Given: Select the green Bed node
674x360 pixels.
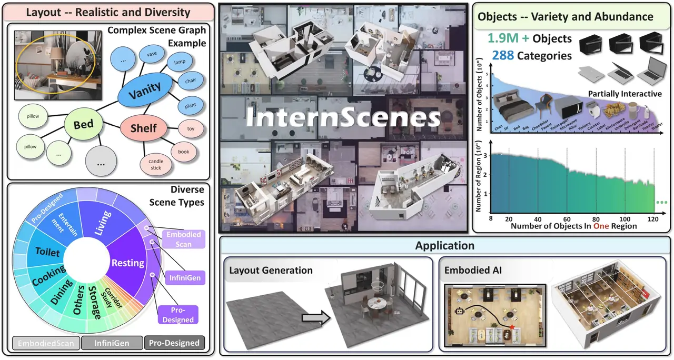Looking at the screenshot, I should [84, 124].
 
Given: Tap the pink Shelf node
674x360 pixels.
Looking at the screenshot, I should [144, 128].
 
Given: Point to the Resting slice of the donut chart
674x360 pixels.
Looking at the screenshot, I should [128, 262].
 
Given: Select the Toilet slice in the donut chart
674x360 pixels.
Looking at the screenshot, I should [47, 252].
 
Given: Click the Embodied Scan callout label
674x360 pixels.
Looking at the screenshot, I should [181, 238].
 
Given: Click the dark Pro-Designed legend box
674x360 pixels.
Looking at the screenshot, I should [174, 343].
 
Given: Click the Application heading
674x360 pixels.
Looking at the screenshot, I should [444, 246].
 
